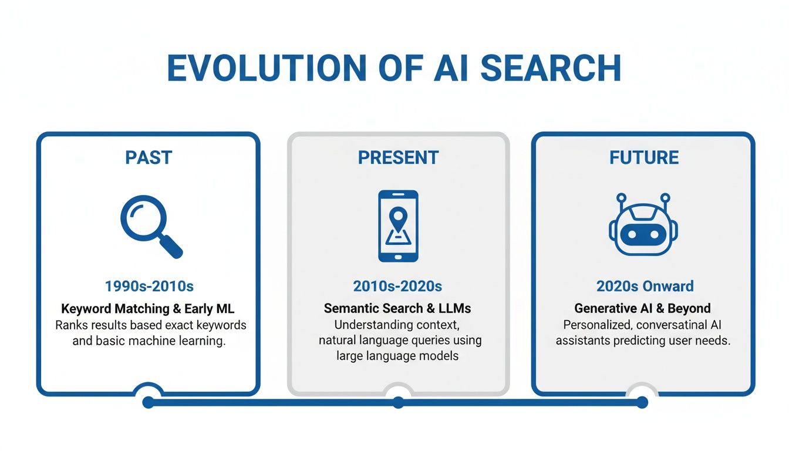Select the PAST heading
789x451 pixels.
pyautogui.click(x=149, y=157)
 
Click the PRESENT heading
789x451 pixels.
pyautogui.click(x=398, y=157)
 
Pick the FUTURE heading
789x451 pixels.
pyautogui.click(x=644, y=157)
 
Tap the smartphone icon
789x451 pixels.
pyautogui.click(x=398, y=226)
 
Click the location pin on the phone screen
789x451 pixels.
pyautogui.click(x=398, y=217)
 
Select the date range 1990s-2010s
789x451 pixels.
pyautogui.click(x=149, y=286)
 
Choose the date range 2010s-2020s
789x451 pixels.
pyautogui.click(x=397, y=286)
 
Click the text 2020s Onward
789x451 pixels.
pyautogui.click(x=645, y=286)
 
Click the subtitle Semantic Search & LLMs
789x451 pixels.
pyautogui.click(x=397, y=308)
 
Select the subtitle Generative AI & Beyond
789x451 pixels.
pyautogui.click(x=642, y=308)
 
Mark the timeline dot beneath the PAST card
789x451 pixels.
pyautogui.click(x=148, y=402)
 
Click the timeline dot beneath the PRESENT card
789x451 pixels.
pyautogui.click(x=398, y=402)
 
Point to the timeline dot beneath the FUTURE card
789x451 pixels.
pyautogui.click(x=642, y=402)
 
